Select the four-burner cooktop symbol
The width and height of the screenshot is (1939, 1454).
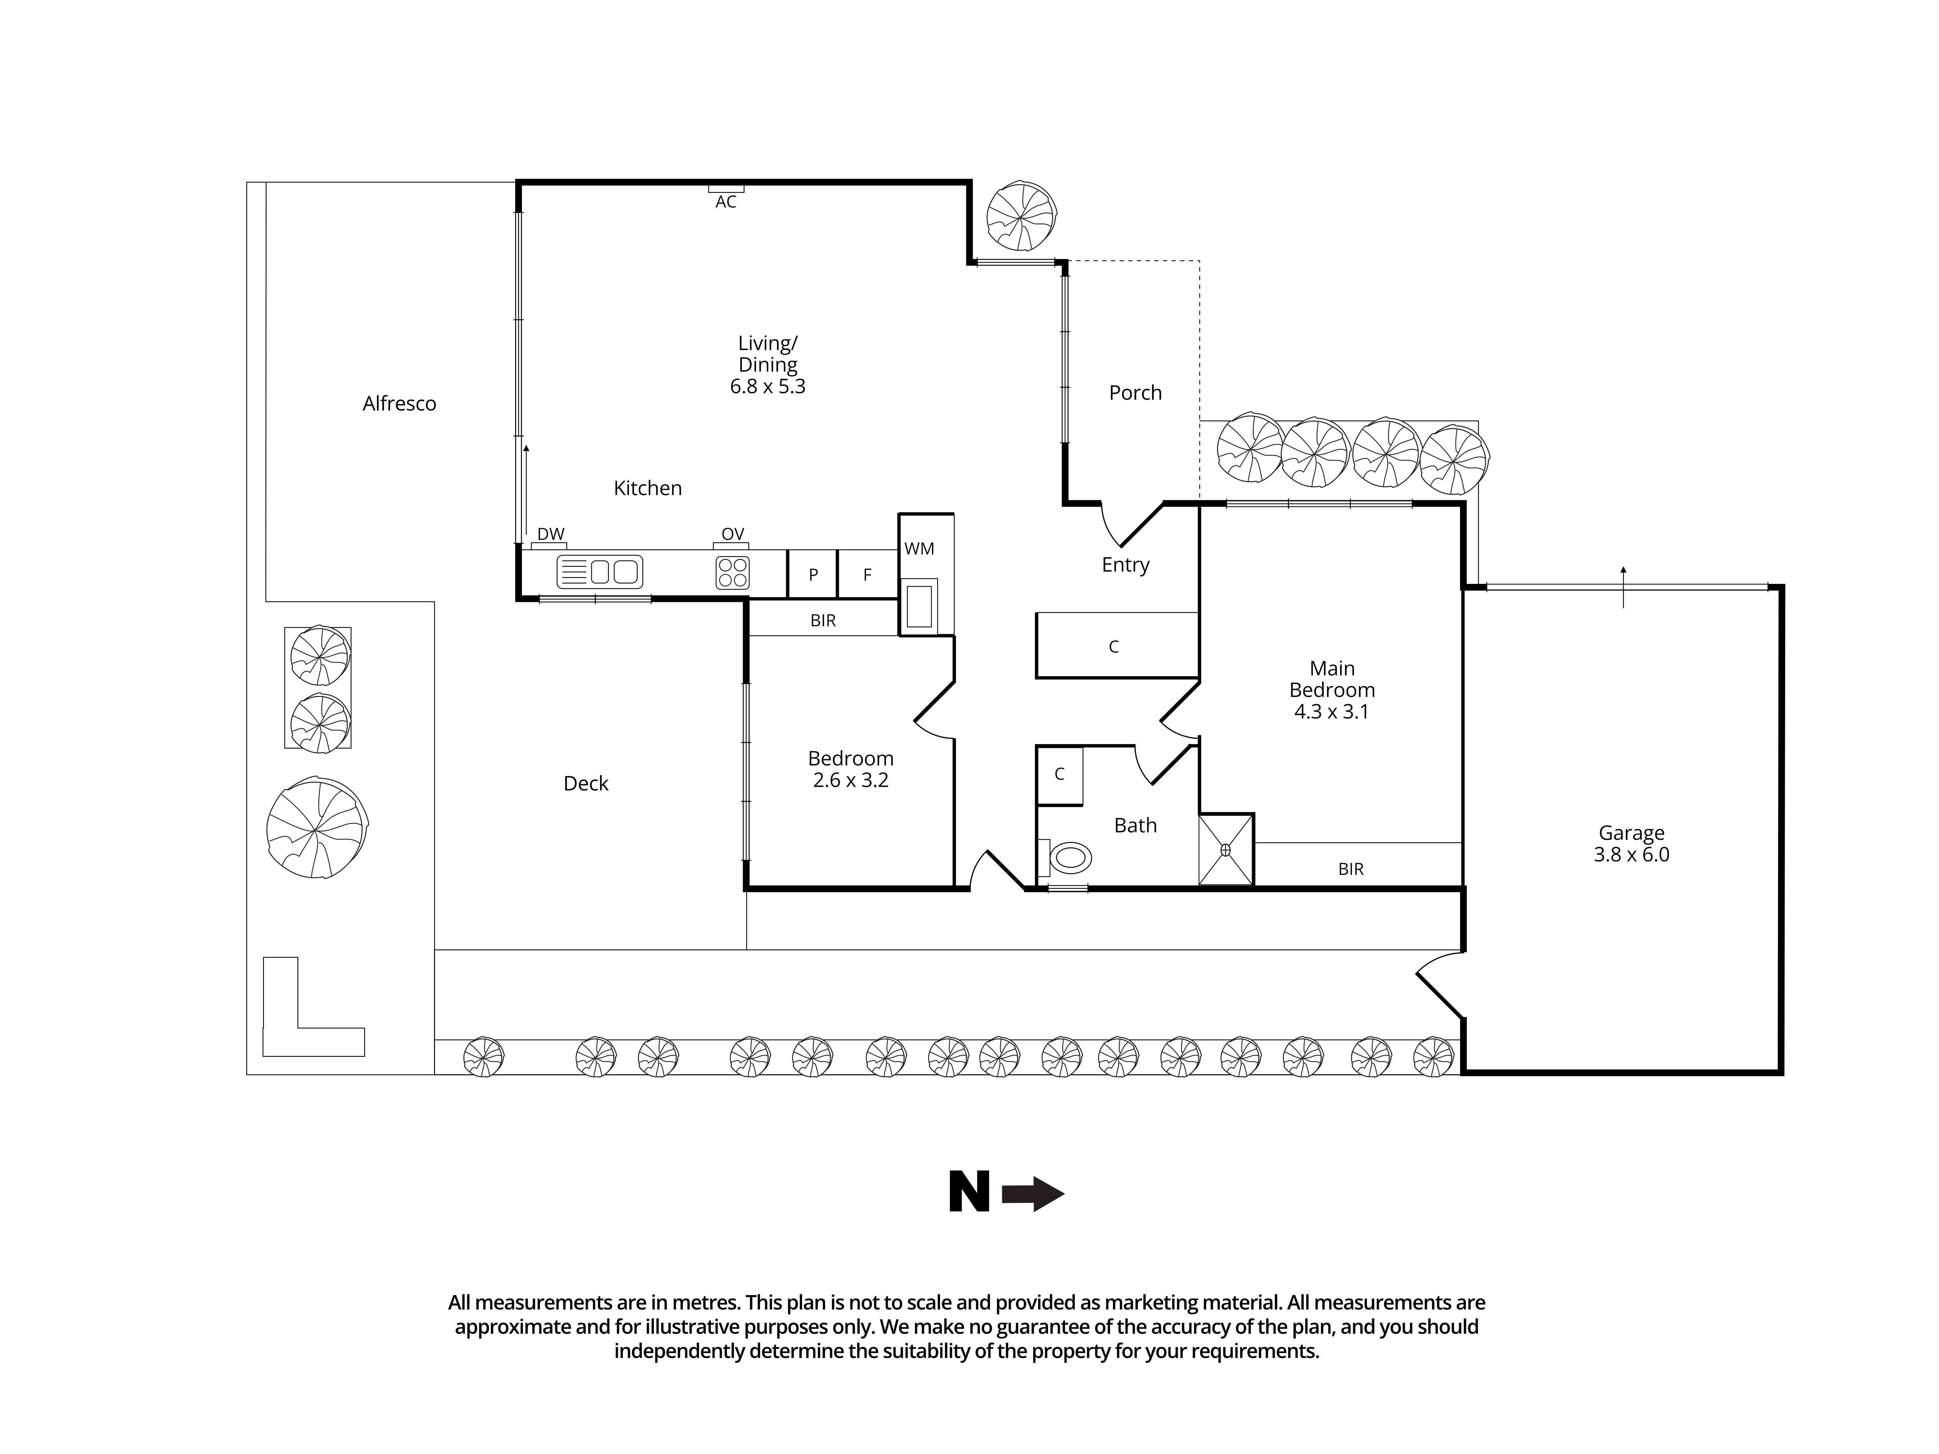tap(732, 572)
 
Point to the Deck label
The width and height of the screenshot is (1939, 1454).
tap(586, 784)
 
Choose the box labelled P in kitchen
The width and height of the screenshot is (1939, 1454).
tap(812, 575)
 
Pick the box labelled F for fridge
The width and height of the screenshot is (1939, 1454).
tap(867, 575)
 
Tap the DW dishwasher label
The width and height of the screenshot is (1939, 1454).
tap(550, 534)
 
